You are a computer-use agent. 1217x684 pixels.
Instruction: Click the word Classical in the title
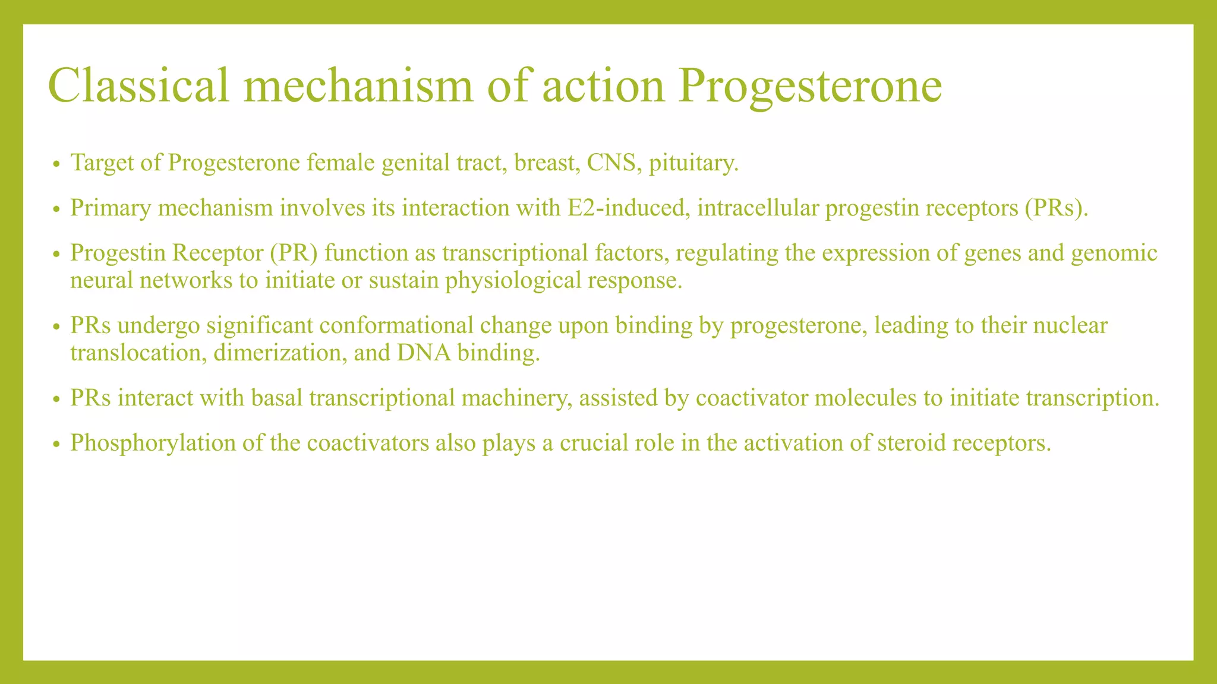(138, 86)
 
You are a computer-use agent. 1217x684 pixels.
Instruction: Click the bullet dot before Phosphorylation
(56, 444)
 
